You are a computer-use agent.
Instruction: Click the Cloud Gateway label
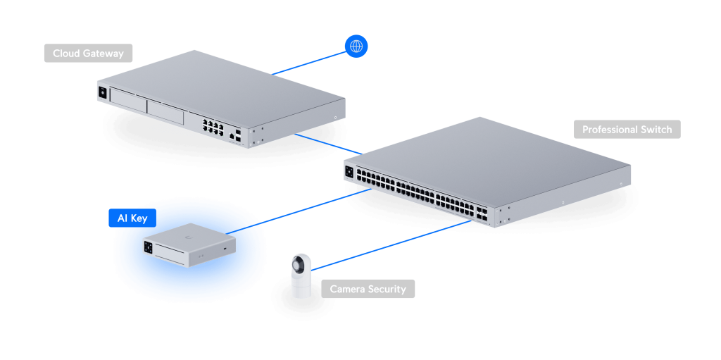(88, 54)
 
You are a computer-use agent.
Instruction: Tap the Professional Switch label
(627, 130)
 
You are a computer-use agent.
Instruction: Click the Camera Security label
(368, 289)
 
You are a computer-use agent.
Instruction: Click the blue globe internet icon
(356, 47)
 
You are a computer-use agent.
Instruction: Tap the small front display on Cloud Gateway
(104, 92)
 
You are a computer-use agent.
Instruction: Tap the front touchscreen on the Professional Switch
(350, 170)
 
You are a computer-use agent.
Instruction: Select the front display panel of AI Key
(149, 247)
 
